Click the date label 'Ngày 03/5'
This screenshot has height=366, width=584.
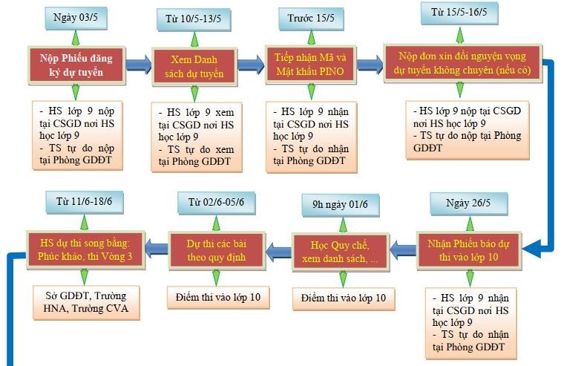pos(76,18)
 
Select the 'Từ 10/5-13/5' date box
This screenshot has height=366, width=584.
pos(193,19)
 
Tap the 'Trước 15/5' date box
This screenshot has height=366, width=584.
pos(311,19)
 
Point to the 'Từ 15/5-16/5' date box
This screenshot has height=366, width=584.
pos(459,13)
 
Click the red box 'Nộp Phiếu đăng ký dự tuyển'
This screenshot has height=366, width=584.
pos(76,65)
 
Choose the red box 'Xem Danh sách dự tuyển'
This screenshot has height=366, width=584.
pos(194,67)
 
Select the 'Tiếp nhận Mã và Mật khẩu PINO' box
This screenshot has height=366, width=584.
pos(310,64)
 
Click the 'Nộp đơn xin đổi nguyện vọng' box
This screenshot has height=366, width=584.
pos(462,63)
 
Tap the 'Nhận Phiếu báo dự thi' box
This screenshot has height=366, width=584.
pos(468,250)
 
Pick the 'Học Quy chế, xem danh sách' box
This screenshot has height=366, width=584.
pos(340,252)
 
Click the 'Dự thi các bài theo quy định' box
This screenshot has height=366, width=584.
pos(217,250)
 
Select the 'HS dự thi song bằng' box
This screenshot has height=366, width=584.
pos(85,249)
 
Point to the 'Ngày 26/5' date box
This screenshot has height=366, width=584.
pos(468,203)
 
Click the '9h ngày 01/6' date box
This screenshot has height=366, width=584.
pos(341,205)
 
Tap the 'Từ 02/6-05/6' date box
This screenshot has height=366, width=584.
pos(217,203)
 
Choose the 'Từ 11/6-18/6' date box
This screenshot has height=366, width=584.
pos(84,202)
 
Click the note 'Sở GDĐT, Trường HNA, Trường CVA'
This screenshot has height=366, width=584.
pos(86,302)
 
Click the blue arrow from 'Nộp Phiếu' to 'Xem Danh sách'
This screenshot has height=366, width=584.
pos(139,65)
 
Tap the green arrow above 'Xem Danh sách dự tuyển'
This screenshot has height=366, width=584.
pos(194,39)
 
